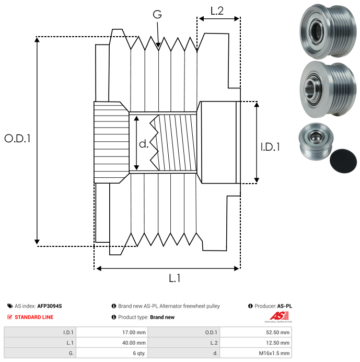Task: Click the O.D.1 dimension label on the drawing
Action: click(17, 139)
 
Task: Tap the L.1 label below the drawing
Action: click(174, 279)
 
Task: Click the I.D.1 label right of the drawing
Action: click(270, 148)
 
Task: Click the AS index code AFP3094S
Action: click(53, 306)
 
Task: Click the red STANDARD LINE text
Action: click(34, 317)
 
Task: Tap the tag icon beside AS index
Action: click(10, 306)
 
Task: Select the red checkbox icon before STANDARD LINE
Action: click(10, 317)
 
